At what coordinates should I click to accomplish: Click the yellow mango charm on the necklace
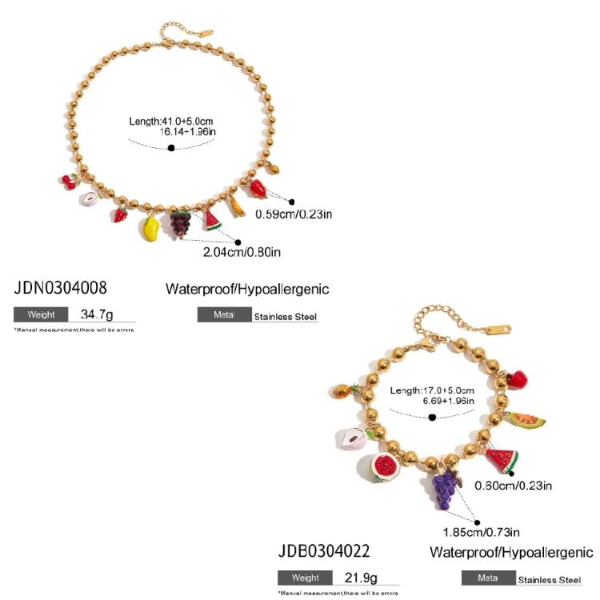point(150,229)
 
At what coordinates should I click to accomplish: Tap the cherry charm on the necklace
point(70,182)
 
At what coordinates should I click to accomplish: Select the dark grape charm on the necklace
point(180,223)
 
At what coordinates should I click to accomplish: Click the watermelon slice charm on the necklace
point(211,221)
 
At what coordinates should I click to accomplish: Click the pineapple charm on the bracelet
point(345,391)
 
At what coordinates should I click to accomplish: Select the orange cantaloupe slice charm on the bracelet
point(526,420)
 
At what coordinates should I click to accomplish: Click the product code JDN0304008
point(60,288)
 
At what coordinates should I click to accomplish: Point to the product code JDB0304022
point(324,551)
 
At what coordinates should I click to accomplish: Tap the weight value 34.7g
point(97,314)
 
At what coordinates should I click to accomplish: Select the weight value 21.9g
point(361,578)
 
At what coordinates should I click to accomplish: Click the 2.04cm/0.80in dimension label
point(242,252)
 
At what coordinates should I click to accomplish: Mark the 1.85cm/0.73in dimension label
point(481,532)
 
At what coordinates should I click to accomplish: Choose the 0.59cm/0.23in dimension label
point(294,214)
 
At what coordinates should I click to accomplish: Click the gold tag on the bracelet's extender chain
point(499,329)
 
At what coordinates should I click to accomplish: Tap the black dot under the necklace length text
point(171,148)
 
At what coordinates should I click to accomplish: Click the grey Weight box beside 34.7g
point(41,314)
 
